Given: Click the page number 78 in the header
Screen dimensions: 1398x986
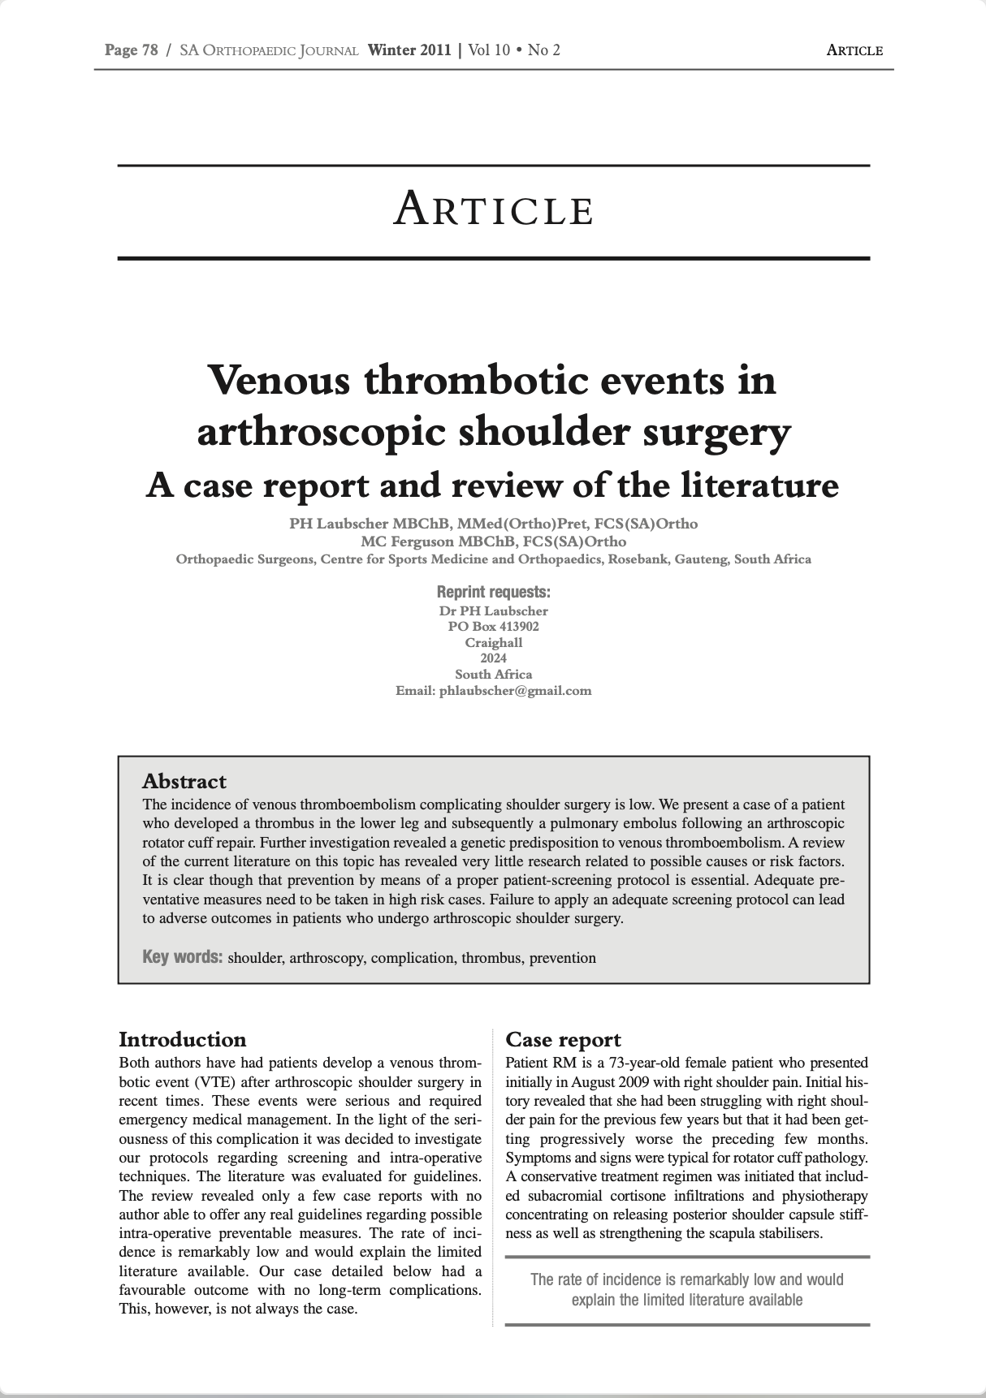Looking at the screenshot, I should [x=149, y=50].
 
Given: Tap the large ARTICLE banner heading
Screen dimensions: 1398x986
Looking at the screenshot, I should [x=493, y=209].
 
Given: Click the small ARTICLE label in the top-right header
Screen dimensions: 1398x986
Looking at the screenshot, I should [x=854, y=50].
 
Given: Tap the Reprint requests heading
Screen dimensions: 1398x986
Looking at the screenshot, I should [x=493, y=592].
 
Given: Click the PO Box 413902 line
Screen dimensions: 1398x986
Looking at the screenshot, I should [x=493, y=627].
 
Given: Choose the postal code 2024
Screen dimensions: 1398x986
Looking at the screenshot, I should [x=493, y=658].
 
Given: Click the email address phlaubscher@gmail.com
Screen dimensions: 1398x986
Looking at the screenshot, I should [x=515, y=691].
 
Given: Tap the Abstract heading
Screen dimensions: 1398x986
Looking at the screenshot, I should [x=184, y=781].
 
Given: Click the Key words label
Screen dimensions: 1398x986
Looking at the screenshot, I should [x=182, y=956].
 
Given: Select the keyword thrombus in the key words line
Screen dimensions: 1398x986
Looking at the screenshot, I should [x=491, y=958].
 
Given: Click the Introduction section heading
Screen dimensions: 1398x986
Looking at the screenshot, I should [x=182, y=1039].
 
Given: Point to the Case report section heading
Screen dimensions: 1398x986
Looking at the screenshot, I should [x=563, y=1039].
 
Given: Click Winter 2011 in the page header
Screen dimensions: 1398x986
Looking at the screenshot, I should [x=409, y=50].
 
